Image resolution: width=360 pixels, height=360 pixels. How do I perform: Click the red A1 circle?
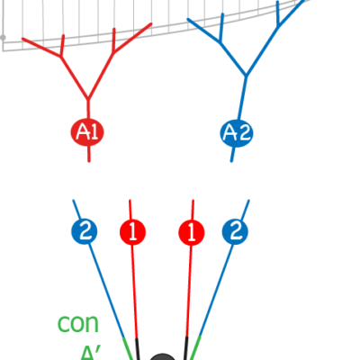87,132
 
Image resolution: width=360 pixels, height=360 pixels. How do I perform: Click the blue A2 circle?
237,133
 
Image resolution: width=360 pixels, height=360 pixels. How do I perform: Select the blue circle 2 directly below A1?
85,231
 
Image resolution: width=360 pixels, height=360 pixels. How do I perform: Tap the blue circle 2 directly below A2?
235,231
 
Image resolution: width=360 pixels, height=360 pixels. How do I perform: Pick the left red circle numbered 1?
132,232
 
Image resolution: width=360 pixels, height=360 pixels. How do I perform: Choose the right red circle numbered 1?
192,232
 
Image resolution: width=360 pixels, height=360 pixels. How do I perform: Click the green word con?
78,323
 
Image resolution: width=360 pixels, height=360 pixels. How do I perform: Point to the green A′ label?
90,353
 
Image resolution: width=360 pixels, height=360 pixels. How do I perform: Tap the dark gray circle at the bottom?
162,357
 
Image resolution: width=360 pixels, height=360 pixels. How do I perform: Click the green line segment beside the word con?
128,348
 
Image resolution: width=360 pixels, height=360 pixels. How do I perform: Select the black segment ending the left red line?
138,349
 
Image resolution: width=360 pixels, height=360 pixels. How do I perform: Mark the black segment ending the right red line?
186,348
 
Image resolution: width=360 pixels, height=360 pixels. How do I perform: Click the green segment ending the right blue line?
195,348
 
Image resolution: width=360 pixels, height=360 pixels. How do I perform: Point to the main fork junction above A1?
88,99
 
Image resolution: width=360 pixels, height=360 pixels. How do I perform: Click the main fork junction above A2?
247,75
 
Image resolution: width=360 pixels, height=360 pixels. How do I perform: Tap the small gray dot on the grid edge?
3,38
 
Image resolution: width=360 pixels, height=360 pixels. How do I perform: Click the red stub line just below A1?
89,154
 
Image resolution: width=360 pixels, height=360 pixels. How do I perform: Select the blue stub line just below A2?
233,155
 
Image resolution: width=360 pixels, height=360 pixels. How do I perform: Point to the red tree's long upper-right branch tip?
151,23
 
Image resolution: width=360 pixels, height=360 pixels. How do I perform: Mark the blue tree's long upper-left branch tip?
188,20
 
